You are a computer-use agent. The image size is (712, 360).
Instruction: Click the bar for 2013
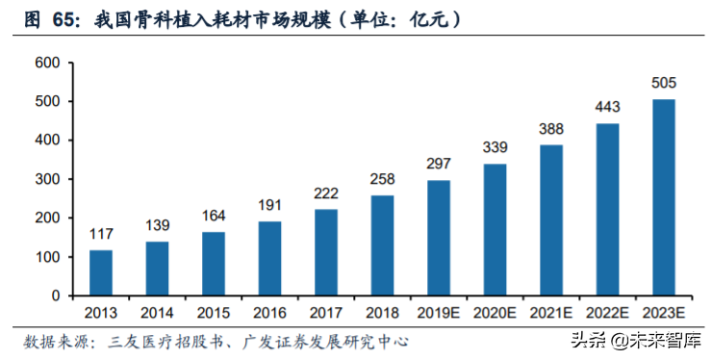tap(101, 272)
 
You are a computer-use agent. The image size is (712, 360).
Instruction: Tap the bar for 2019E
tap(439, 238)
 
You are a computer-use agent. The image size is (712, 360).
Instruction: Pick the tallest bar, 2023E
tap(664, 197)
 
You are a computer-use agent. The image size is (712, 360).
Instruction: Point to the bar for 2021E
tap(551, 219)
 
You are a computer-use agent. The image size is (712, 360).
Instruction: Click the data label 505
tap(664, 85)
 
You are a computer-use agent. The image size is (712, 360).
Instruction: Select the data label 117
tap(101, 236)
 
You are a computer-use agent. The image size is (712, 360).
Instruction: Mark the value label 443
tap(608, 109)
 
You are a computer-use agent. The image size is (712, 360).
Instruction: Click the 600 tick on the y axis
tap(47, 64)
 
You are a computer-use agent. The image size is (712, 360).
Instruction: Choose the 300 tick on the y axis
tap(47, 180)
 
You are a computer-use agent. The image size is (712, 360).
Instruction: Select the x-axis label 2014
tap(157, 314)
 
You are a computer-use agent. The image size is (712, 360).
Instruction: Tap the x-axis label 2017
tap(326, 314)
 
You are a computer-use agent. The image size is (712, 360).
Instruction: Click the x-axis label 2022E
tap(608, 314)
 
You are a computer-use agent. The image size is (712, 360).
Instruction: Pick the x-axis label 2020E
tap(496, 314)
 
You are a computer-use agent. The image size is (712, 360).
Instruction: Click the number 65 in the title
tap(71, 18)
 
